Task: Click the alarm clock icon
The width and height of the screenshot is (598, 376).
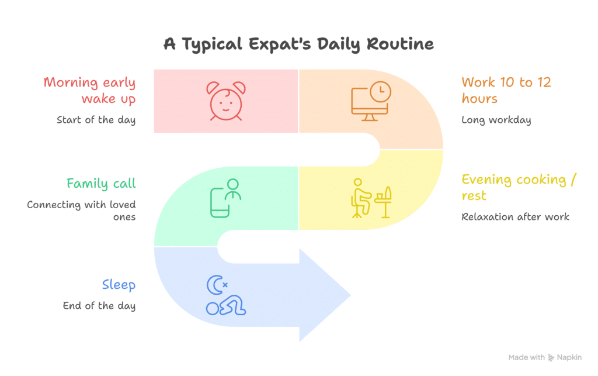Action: [226, 101]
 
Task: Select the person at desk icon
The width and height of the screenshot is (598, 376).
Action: [370, 198]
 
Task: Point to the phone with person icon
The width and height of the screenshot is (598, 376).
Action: [225, 198]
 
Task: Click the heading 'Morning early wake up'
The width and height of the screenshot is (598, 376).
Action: [89, 90]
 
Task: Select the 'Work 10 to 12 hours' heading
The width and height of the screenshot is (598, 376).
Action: [506, 90]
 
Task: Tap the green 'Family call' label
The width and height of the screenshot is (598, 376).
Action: [100, 184]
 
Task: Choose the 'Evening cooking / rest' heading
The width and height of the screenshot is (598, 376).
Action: [514, 187]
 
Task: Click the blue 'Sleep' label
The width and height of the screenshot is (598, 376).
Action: [119, 285]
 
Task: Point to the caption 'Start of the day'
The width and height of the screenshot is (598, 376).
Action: [96, 120]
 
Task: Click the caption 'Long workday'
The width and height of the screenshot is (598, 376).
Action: [497, 120]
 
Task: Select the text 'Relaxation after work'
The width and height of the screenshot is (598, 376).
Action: [515, 217]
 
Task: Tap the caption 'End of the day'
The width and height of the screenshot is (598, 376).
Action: [99, 306]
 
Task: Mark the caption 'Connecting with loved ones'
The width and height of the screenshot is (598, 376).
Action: [81, 211]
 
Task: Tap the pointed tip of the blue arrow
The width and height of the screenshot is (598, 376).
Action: [349, 295]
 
